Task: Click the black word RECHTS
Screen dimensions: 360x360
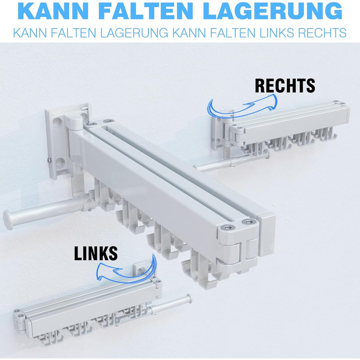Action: [x=285, y=86]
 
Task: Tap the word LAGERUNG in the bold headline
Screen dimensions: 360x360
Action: [x=273, y=11]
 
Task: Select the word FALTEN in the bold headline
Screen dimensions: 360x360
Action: [x=147, y=11]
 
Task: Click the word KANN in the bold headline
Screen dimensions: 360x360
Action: [x=53, y=11]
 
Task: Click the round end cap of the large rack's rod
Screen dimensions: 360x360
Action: [x=8, y=220]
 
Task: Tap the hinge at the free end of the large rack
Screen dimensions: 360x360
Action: [x=238, y=247]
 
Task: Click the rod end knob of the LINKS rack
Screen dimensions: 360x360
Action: [x=189, y=299]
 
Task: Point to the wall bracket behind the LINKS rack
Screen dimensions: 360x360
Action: [x=140, y=270]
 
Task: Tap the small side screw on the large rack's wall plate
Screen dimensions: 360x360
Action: [x=49, y=160]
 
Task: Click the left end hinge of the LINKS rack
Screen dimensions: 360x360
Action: [x=20, y=321]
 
